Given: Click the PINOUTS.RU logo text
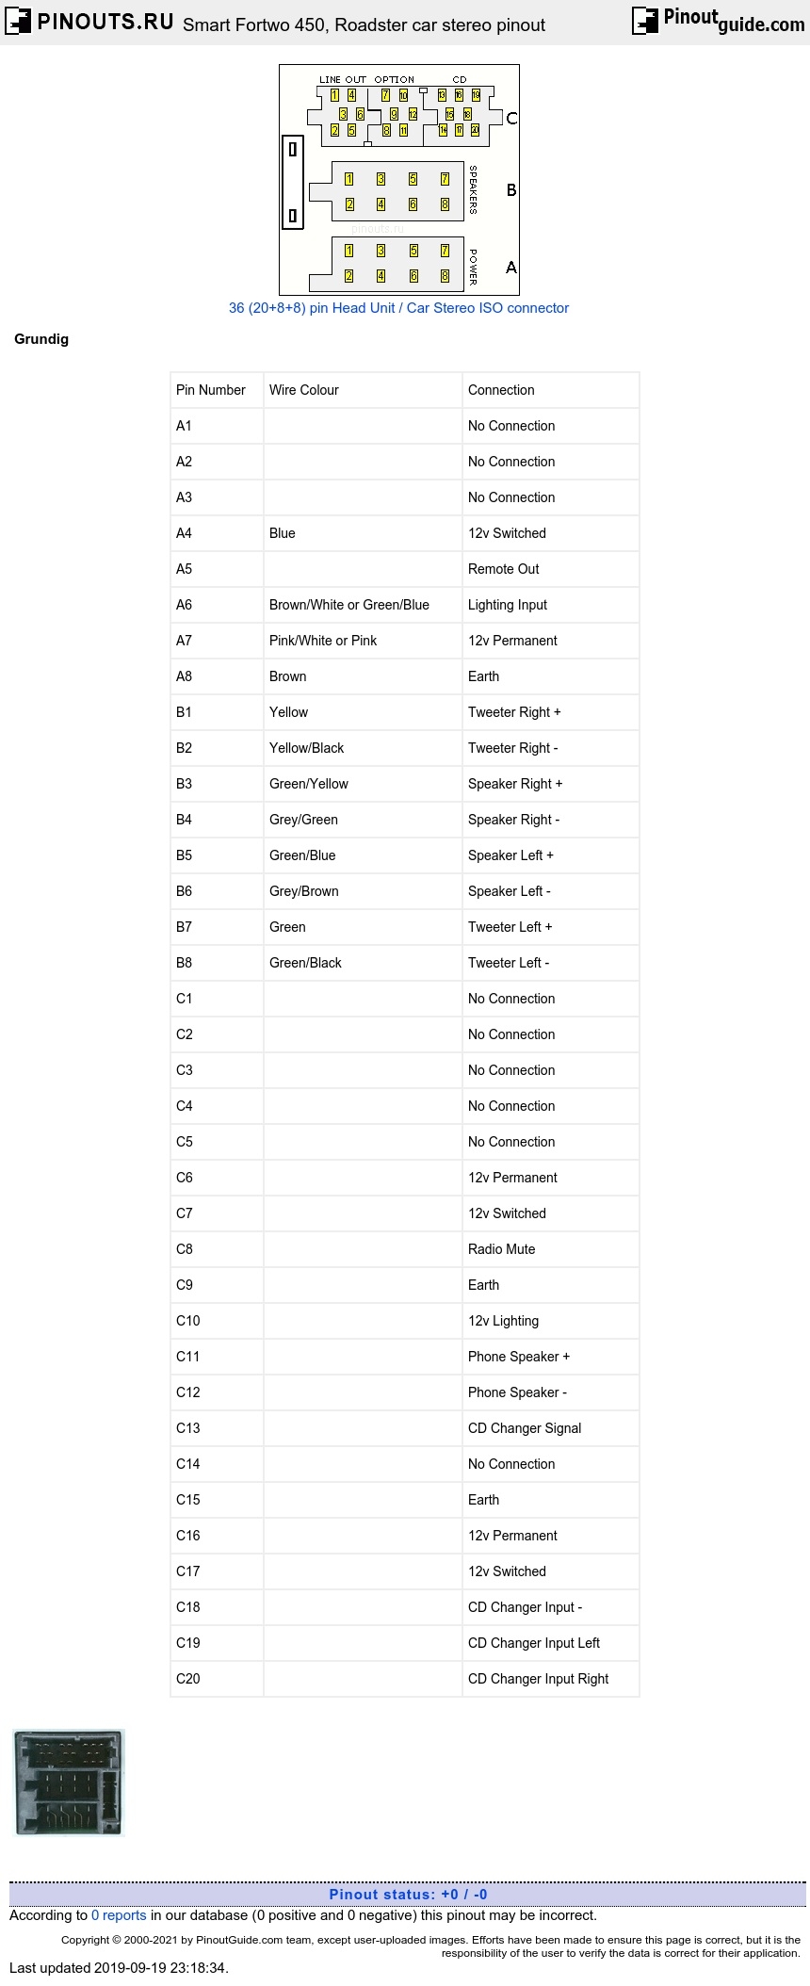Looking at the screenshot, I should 104,22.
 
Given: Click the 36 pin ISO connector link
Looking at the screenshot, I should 398,308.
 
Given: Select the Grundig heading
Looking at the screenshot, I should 41,339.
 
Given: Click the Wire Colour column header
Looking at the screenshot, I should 303,390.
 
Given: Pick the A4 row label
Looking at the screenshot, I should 184,533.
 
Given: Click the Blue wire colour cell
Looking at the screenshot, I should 283,533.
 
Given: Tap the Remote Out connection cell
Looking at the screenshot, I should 504,569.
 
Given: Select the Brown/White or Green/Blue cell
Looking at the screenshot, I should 348,605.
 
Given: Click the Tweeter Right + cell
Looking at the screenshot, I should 514,712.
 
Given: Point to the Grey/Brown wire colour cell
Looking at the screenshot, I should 303,891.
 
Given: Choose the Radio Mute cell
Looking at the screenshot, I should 501,1249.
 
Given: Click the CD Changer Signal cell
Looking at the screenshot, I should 525,1428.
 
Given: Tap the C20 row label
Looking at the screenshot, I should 188,1679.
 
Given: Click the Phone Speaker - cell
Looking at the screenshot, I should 517,1392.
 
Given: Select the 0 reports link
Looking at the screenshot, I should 119,1915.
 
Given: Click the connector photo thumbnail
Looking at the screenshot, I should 69,1783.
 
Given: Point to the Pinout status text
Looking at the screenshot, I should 408,1895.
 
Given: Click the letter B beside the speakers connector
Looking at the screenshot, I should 511,190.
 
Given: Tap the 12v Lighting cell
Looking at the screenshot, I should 503,1321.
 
